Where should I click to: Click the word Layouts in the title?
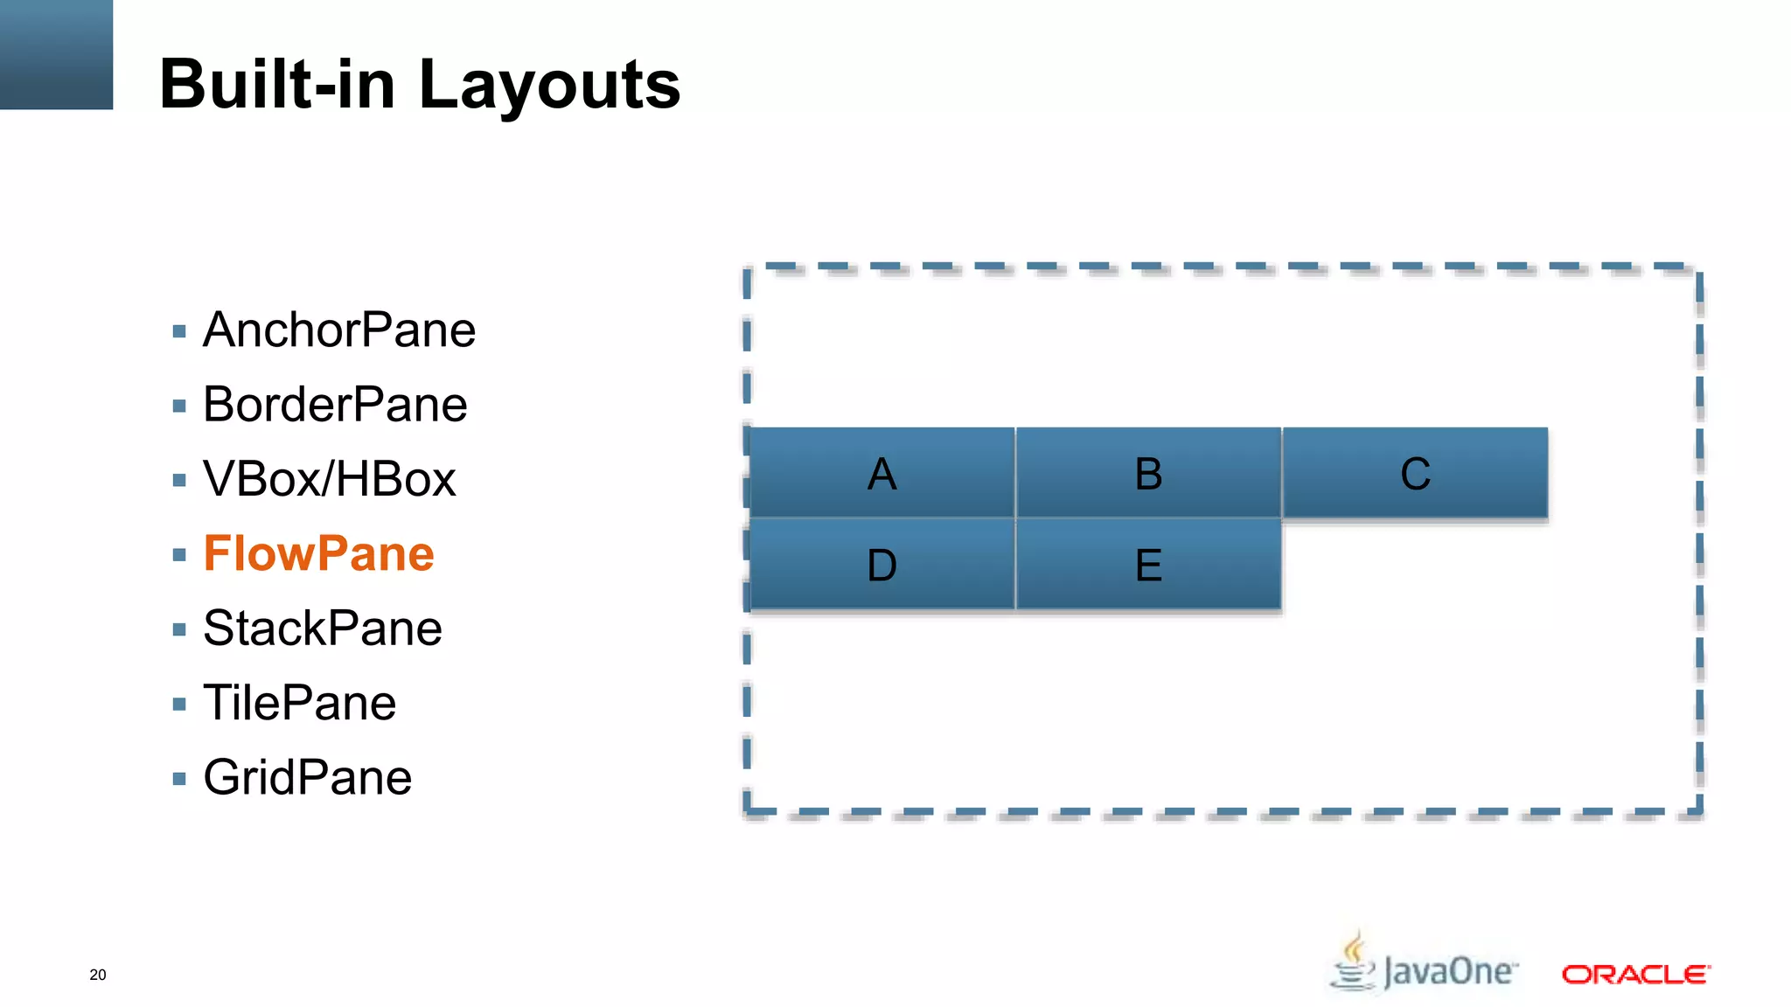pos(549,85)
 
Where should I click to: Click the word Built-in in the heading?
pos(277,85)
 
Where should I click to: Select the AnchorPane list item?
pos(338,330)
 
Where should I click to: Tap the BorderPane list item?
pos(334,405)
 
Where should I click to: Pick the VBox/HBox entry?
pos(329,479)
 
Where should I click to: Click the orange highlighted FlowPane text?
pos(318,554)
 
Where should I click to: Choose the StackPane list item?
pos(322,629)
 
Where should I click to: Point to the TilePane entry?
pos(299,703)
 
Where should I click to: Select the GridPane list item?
pos(307,778)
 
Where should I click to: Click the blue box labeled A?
pos(882,473)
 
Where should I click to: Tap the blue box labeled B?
pos(1148,473)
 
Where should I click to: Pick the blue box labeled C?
pos(1415,473)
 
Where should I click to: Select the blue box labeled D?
pos(882,565)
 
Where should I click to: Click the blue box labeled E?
pos(1148,565)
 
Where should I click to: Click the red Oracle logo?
pos(1635,974)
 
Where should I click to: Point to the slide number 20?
pos(98,975)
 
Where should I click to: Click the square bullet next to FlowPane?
pos(179,555)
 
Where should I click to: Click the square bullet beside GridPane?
pos(179,779)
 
